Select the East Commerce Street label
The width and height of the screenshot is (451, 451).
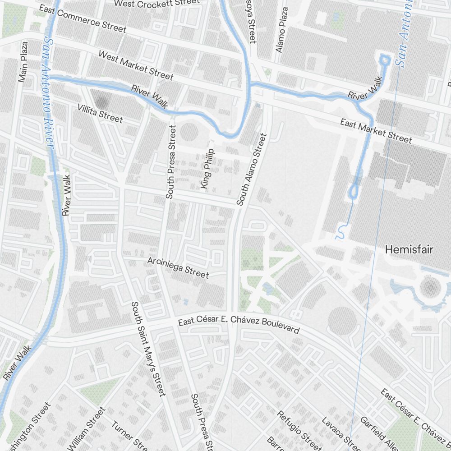point(83,18)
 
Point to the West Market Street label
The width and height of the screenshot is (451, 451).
point(135,65)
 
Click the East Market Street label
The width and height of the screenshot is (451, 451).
point(376,131)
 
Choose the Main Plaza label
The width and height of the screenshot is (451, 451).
point(23,62)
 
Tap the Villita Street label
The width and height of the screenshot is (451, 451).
point(100,113)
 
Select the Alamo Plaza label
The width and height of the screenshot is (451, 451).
point(282,30)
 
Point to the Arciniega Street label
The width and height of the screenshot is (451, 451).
point(178,267)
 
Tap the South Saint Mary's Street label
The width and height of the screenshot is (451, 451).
point(148,349)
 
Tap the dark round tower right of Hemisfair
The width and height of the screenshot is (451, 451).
point(431,286)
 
